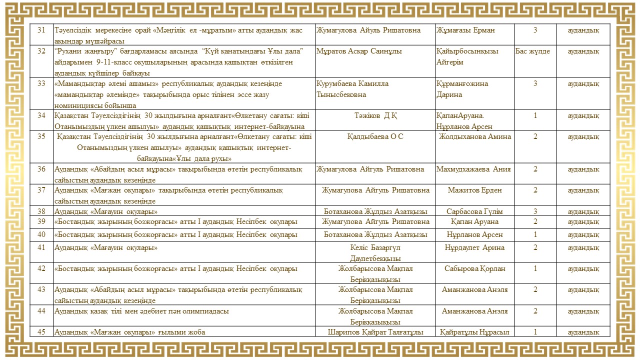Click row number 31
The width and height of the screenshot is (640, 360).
coord(41,30)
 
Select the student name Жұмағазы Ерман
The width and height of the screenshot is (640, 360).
coord(465,30)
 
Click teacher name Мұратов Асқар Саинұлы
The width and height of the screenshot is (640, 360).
coord(359,51)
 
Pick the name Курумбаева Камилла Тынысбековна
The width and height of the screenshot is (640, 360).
coord(352,89)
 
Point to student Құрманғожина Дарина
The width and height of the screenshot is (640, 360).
coord(462,89)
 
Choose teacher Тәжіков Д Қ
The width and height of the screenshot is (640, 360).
coord(375,116)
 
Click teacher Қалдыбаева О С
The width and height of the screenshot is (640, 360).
coord(375,137)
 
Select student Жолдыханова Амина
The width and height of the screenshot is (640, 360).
coord(474,137)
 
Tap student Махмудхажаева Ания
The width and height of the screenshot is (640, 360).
coord(473,169)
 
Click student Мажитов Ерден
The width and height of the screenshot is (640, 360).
coord(474,190)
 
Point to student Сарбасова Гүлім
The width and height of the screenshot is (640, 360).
coord(474,211)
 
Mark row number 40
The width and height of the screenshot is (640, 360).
coord(41,234)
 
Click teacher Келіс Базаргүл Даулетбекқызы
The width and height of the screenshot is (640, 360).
coord(375,253)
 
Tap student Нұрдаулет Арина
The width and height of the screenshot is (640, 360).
coord(474,247)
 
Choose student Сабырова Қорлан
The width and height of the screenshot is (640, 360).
coord(474,268)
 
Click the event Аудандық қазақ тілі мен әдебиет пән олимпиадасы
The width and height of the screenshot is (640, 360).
coord(141,311)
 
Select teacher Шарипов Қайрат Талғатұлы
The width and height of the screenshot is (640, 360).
coord(375,332)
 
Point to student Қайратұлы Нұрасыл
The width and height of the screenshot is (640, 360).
coord(474,332)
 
